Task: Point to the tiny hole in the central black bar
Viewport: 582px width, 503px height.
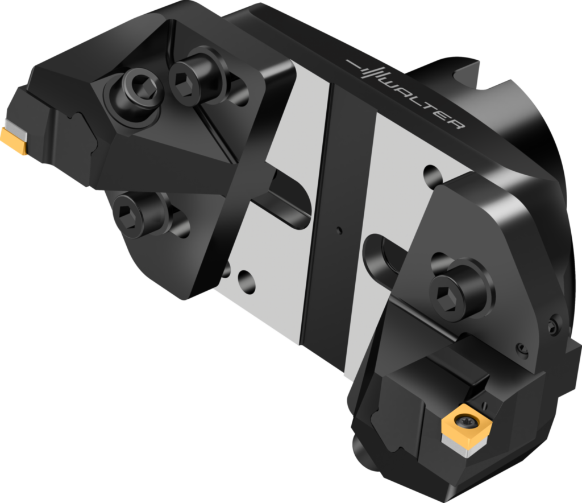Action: (339, 230)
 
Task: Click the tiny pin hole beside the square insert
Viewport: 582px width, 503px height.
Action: (486, 405)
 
